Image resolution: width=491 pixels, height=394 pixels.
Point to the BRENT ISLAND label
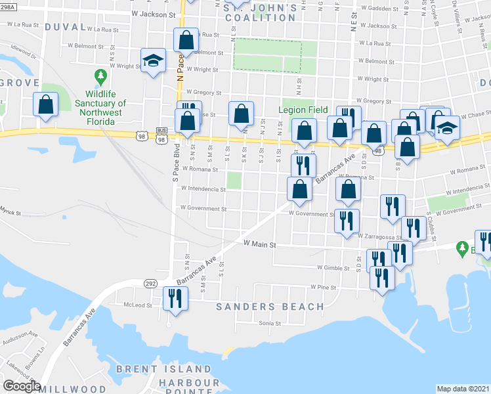pos(163,370)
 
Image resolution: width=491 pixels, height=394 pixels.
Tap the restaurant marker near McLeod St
pos(175,299)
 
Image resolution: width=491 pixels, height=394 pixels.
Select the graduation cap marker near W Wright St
pos(152,61)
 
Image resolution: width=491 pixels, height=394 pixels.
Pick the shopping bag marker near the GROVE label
pos(46,104)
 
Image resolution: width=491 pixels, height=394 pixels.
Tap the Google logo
pos(22,386)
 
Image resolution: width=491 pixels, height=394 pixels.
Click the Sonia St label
pos(269,323)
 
